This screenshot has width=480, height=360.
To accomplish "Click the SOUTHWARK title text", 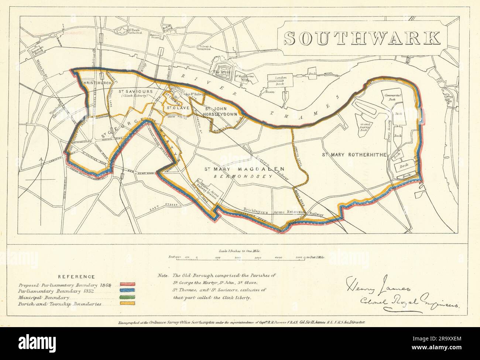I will click(x=362, y=38).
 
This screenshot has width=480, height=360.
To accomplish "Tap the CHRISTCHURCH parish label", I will click(x=97, y=83).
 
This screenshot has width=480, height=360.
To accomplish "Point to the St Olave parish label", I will click(x=178, y=108).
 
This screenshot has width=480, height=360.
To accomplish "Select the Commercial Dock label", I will click(x=392, y=97).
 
